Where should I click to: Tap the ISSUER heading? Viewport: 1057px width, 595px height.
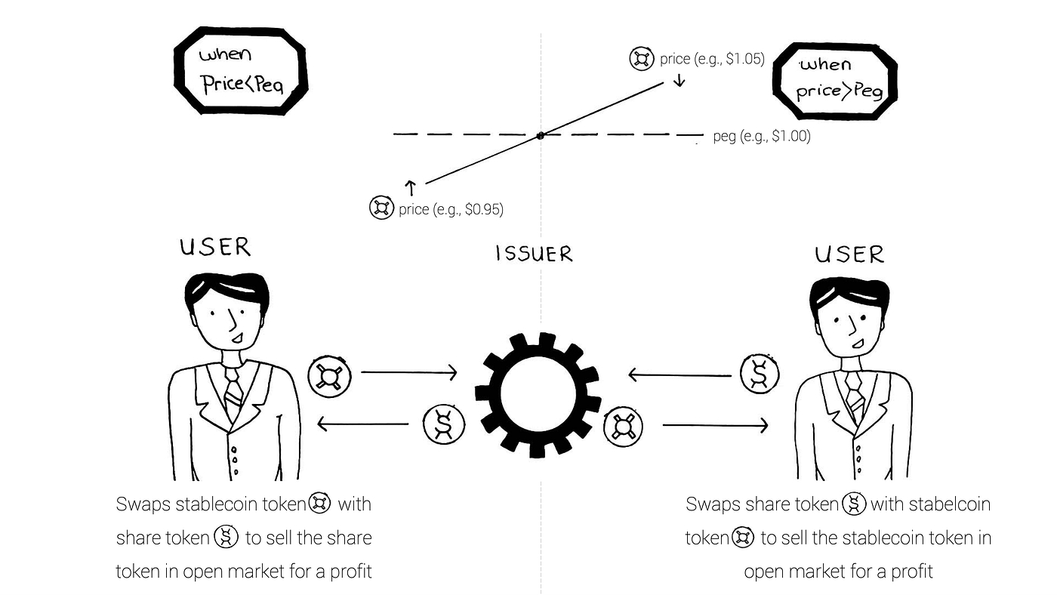pos(534,254)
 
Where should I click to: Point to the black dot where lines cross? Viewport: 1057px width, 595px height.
pos(540,136)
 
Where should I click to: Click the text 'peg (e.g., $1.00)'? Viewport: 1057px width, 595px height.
pos(761,137)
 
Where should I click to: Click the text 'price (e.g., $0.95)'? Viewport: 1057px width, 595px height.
pos(451,208)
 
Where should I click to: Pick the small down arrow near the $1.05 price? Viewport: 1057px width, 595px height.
pos(679,79)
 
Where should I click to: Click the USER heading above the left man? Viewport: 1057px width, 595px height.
pos(215,247)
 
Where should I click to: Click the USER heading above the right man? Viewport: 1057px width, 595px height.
pos(849,254)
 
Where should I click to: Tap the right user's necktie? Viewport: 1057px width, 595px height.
pos(855,393)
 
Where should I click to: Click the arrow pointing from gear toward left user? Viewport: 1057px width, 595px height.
pos(362,426)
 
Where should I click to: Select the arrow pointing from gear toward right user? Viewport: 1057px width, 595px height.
pos(715,426)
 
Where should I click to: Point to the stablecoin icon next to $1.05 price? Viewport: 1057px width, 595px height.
pos(642,58)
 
